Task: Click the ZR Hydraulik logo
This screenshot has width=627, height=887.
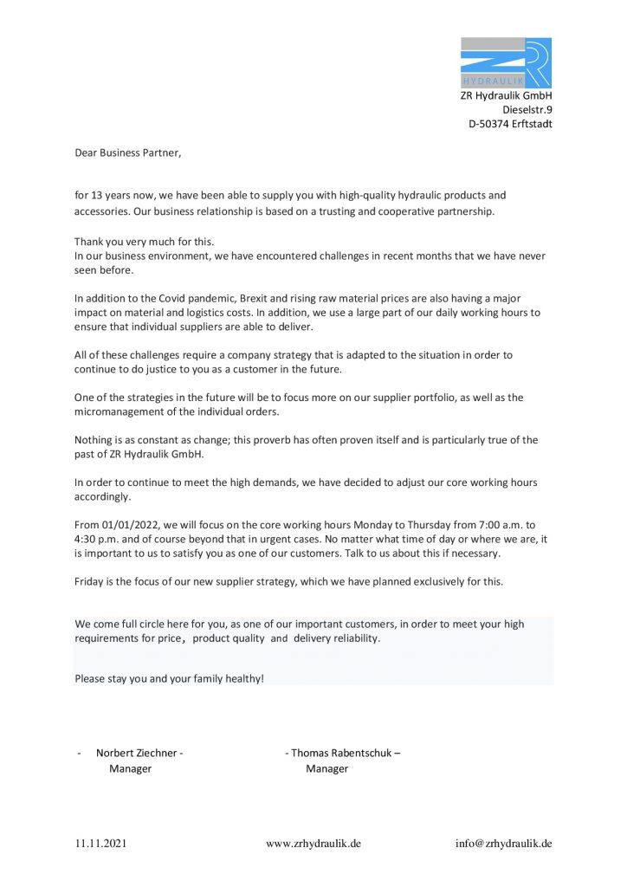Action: (506, 62)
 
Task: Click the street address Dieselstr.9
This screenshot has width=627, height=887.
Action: (527, 110)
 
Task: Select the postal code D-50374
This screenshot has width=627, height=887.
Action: (488, 124)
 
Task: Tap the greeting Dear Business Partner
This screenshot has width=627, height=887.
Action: (128, 152)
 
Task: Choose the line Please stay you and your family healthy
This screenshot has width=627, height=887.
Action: (169, 678)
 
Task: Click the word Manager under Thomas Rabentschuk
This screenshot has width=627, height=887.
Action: (326, 768)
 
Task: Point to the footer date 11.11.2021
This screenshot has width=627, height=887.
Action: (100, 844)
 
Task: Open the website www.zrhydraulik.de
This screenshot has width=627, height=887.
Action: (313, 844)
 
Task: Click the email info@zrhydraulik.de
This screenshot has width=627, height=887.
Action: (504, 844)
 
